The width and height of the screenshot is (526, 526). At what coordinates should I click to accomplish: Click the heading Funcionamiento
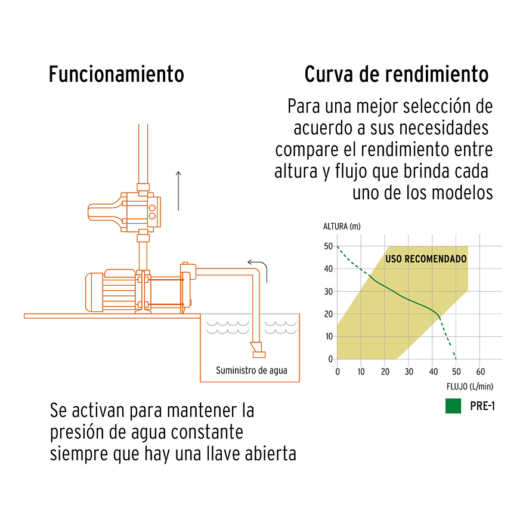point(116,75)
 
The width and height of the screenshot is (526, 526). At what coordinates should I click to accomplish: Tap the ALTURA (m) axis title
point(342,226)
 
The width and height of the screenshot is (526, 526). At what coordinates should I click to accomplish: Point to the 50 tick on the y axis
point(328,246)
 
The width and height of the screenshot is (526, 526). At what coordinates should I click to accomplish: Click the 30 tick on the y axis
point(328,291)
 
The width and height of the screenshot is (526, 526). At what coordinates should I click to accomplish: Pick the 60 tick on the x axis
point(479,372)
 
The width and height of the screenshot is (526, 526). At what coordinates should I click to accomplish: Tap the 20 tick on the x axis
point(385,372)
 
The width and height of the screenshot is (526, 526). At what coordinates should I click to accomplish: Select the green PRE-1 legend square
point(453,407)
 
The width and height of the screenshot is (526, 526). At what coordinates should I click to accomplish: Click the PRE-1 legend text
point(482,407)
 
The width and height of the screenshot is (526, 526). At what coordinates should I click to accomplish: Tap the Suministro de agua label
point(251,370)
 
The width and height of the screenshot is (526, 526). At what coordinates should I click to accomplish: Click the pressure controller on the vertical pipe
point(128,211)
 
